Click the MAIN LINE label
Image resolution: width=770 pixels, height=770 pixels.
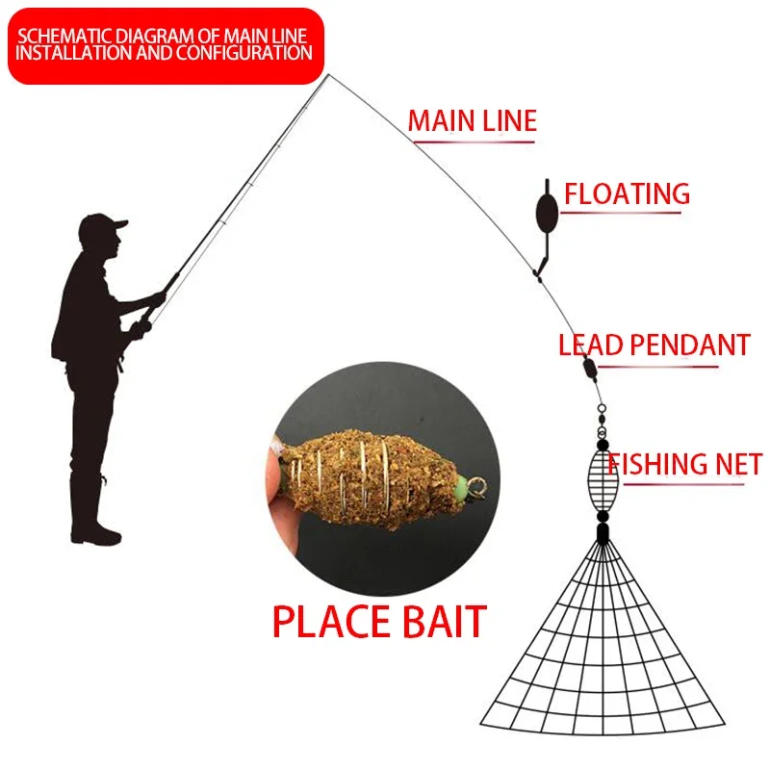point(472,121)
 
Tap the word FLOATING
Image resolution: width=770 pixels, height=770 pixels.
point(627,193)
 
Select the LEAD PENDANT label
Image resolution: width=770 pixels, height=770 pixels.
point(654,345)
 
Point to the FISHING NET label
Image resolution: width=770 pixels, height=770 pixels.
point(684,464)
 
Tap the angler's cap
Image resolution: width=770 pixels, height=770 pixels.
point(102,227)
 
